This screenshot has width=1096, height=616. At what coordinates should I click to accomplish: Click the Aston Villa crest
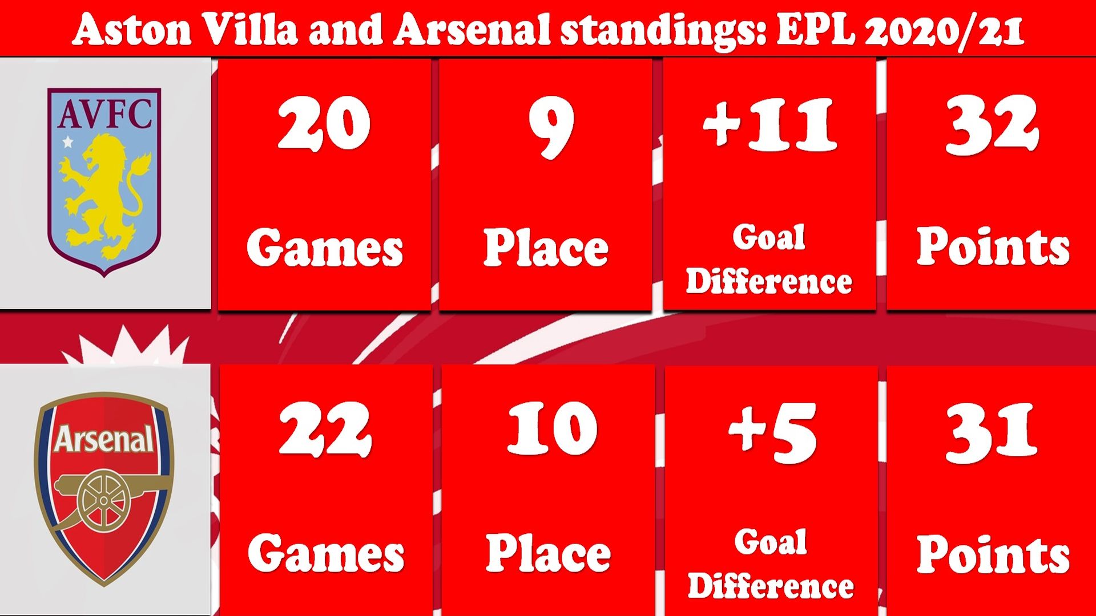coord(104,182)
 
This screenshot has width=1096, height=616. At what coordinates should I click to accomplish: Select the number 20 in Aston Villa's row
coord(324,123)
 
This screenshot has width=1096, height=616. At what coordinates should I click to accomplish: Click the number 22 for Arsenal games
coord(325,429)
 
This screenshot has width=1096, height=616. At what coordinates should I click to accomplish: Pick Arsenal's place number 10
coord(552,428)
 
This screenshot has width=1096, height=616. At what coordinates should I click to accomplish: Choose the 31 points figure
coord(990,432)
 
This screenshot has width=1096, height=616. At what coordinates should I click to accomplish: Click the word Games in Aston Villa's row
coord(325,248)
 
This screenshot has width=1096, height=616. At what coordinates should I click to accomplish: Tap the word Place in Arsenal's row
coord(548,553)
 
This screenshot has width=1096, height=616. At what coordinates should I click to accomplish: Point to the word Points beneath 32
coord(993,246)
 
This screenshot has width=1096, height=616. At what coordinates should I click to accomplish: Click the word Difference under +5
coord(771,586)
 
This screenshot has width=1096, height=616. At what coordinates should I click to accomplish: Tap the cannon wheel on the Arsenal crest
coord(103,501)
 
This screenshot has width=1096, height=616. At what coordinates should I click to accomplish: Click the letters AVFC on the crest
coord(105,113)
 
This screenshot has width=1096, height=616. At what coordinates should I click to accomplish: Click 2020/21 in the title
coord(944,31)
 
